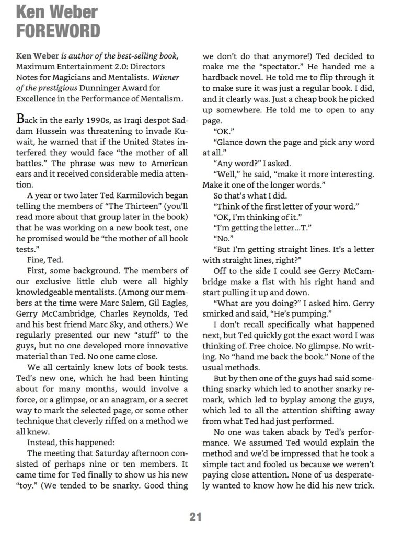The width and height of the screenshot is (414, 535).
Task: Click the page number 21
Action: [x=195, y=517]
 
